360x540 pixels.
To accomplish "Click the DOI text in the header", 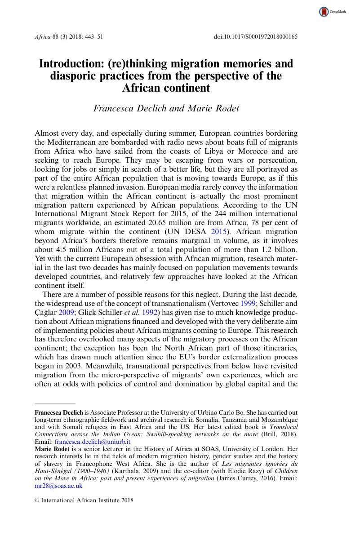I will click(x=255, y=36).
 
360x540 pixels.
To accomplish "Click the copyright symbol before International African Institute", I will click(x=37, y=500).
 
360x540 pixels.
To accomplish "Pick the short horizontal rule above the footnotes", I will click(x=55, y=403).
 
